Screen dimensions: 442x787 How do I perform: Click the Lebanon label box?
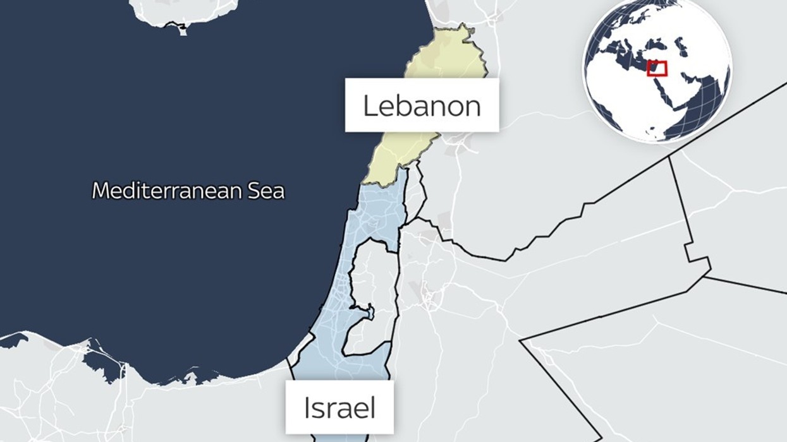pyautogui.click(x=422, y=105)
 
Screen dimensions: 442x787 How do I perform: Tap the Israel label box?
pyautogui.click(x=339, y=408)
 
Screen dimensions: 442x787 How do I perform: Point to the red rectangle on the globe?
pyautogui.click(x=657, y=68)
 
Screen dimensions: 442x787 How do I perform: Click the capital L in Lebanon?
pyautogui.click(x=370, y=105)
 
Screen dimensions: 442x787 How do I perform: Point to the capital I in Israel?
pyautogui.click(x=307, y=408)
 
